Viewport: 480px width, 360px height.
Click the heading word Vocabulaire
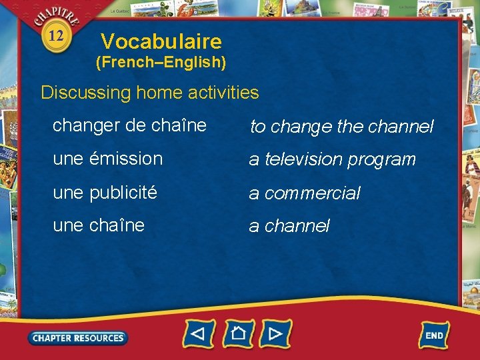pyautogui.click(x=161, y=42)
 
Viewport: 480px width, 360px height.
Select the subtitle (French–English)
pyautogui.click(x=161, y=63)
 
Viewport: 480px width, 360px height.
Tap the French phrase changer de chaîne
pyautogui.click(x=129, y=125)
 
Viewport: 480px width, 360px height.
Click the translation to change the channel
pyautogui.click(x=341, y=126)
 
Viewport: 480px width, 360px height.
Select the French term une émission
pyautogui.click(x=107, y=159)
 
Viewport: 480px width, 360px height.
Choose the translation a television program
pyautogui.click(x=332, y=159)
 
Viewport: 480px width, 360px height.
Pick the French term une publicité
pyautogui.click(x=105, y=193)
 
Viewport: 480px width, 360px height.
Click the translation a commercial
pyautogui.click(x=305, y=193)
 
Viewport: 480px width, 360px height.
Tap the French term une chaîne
pyautogui.click(x=99, y=225)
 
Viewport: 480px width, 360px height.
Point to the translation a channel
pyautogui.click(x=289, y=227)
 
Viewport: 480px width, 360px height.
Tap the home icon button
pyautogui.click(x=238, y=333)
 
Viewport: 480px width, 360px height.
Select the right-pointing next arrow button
pyautogui.click(x=275, y=333)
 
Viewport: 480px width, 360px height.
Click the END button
pyautogui.click(x=434, y=335)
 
